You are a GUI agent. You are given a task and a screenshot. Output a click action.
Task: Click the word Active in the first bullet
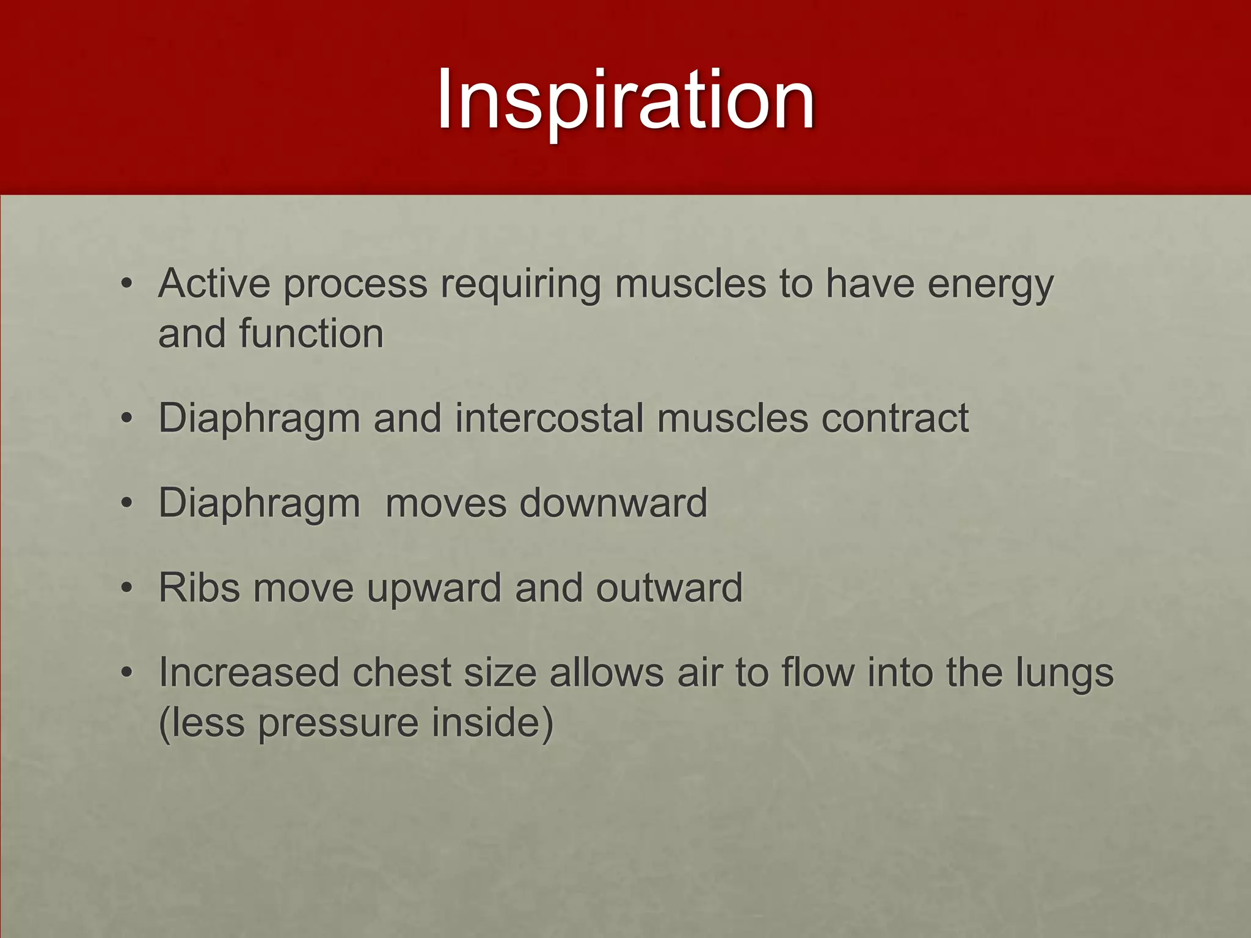click(214, 284)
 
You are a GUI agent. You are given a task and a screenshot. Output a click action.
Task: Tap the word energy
click(990, 286)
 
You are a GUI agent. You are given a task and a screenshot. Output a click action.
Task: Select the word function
click(311, 333)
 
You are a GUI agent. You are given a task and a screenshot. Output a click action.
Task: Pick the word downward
click(613, 504)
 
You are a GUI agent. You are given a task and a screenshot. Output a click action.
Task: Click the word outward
click(668, 588)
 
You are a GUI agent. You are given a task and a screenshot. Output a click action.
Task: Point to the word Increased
click(249, 673)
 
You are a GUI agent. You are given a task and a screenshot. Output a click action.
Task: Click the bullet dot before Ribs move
click(126, 588)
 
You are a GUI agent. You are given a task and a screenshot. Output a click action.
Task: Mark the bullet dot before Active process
click(126, 284)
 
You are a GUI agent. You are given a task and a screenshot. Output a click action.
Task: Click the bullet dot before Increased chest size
click(126, 673)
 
